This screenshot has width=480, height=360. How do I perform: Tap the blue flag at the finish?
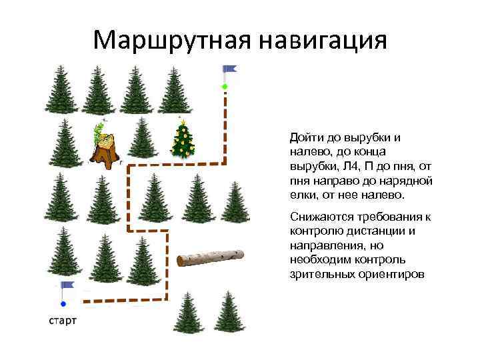pyautogui.click(x=229, y=69)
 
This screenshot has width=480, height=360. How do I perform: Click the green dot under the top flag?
pyautogui.click(x=225, y=86)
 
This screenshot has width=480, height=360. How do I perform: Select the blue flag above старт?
pyautogui.click(x=67, y=286)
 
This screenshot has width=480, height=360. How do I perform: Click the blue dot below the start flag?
pyautogui.click(x=63, y=303)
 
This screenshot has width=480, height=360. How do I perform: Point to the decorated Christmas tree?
pyautogui.click(x=182, y=137)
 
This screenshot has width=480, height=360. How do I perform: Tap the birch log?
pyautogui.click(x=209, y=257)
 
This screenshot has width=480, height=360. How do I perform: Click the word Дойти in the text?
pyautogui.click(x=305, y=137)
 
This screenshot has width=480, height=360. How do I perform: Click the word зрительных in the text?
pyautogui.click(x=318, y=275)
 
